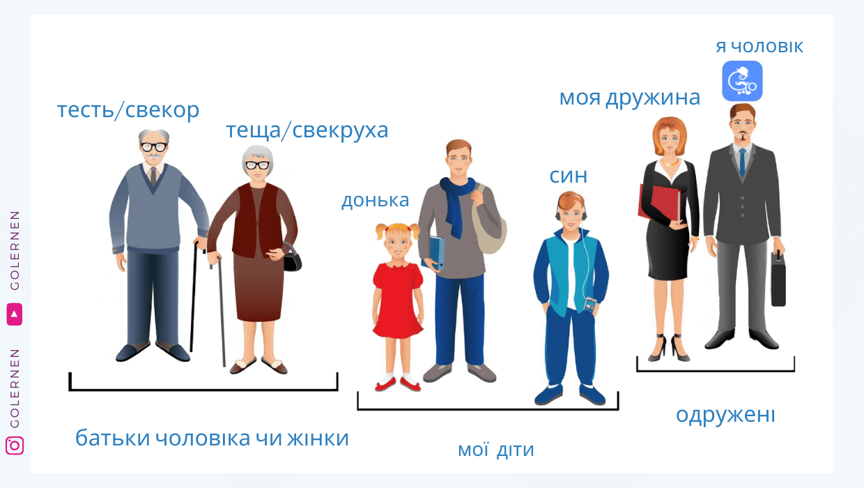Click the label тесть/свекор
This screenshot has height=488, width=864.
(128, 110)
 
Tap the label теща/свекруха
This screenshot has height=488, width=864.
(307, 130)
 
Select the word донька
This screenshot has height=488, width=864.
(375, 200)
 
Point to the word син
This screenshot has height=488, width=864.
(568, 176)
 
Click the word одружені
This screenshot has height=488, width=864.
(725, 415)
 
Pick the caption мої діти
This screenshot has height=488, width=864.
(495, 450)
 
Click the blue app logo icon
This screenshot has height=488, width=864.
(742, 81)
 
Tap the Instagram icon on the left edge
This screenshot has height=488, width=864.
(15, 445)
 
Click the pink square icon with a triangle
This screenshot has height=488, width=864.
(14, 314)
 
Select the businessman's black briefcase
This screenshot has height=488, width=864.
(778, 280)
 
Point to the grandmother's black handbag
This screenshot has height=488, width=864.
(292, 258)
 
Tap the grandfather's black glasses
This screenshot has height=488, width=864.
(153, 146)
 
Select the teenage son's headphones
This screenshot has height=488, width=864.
(571, 208)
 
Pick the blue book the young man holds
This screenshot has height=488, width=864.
(434, 252)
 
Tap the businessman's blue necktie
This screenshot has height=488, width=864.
(743, 162)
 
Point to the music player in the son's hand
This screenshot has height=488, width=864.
(589, 305)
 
